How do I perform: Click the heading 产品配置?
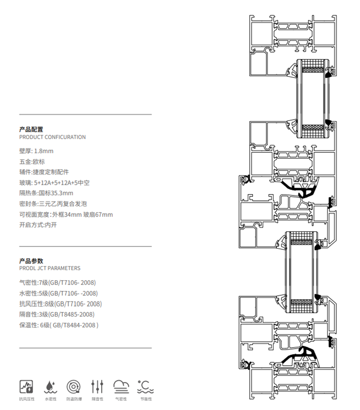pos(31,129)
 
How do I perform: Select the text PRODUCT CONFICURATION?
pos(52,137)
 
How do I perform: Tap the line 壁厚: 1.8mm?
pos(36,151)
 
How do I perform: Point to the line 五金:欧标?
pos(32,161)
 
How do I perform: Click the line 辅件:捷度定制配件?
pos(44,172)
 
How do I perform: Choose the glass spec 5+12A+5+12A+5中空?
pos(62,183)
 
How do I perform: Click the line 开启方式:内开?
pos(38,225)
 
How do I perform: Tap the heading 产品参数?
pos(31,261)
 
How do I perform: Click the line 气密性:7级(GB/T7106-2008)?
pos(57,283)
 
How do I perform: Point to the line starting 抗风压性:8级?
pos(60,304)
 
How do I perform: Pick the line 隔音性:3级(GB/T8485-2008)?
pos(56,315)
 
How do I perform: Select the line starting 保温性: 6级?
pos(58,325)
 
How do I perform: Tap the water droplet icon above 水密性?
pos(50,387)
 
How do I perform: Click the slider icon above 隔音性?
pos(97,387)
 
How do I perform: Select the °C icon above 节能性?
pos(145,387)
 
